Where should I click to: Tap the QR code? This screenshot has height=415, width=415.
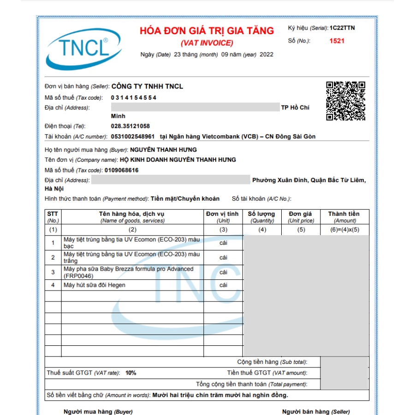click(x=345, y=101)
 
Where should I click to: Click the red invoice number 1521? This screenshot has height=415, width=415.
click(x=337, y=41)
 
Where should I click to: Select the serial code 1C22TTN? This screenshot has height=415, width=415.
click(x=342, y=28)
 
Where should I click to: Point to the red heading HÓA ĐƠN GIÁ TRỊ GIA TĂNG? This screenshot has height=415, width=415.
click(x=207, y=31)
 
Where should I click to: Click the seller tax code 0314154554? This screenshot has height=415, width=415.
click(x=134, y=98)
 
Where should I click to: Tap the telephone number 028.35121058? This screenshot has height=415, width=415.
click(x=130, y=126)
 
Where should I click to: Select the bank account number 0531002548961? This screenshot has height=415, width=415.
click(x=133, y=136)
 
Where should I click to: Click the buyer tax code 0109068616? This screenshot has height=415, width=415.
click(x=121, y=170)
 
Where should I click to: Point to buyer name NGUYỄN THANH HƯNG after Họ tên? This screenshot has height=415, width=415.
click(x=163, y=150)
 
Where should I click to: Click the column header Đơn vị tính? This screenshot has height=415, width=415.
click(x=223, y=214)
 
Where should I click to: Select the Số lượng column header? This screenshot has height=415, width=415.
click(x=261, y=214)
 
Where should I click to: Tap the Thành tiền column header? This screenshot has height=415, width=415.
click(x=344, y=214)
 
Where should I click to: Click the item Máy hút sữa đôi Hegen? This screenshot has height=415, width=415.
click(x=95, y=285)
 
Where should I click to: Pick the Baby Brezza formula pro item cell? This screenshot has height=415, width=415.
click(x=129, y=272)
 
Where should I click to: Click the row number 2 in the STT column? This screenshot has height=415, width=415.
click(x=53, y=257)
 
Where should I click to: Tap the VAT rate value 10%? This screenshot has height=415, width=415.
click(x=131, y=373)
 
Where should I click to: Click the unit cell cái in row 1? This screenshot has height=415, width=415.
click(x=223, y=243)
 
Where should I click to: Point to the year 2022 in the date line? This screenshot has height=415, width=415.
click(x=267, y=54)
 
